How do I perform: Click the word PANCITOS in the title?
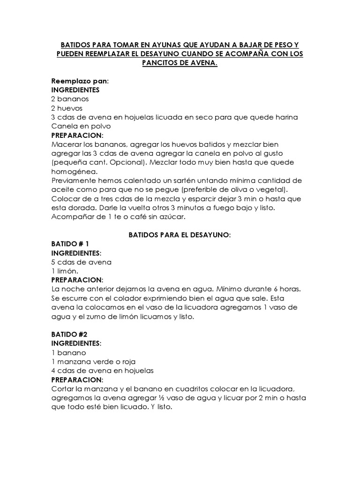tap(161, 63)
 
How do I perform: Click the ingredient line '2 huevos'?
tap(68, 108)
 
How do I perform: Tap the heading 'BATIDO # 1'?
tap(70, 244)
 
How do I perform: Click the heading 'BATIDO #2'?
tap(69, 334)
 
